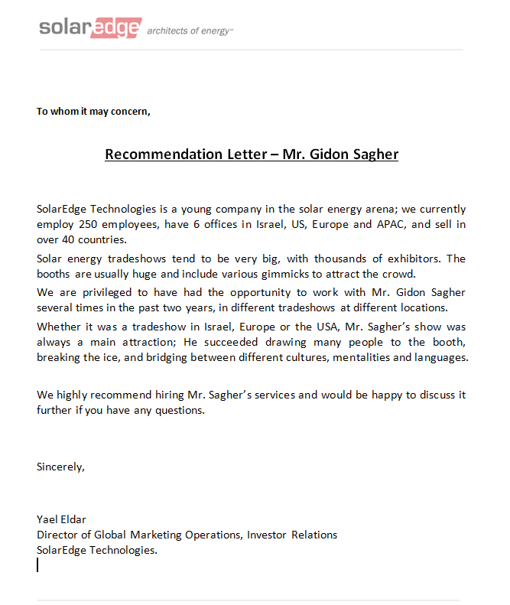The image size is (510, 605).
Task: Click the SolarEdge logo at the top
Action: (x=90, y=28)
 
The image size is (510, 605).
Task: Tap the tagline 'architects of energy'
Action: (x=189, y=31)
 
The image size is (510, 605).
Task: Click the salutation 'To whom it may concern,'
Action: (x=93, y=112)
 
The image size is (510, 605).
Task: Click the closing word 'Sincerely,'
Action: (x=60, y=467)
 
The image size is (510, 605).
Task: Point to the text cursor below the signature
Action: (x=37, y=564)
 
